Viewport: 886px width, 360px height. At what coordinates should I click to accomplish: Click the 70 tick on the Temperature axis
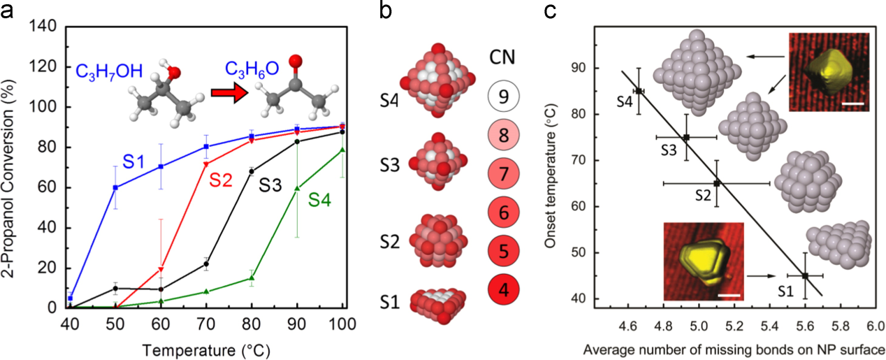point(206,324)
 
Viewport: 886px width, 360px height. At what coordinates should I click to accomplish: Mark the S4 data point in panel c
point(638,91)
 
